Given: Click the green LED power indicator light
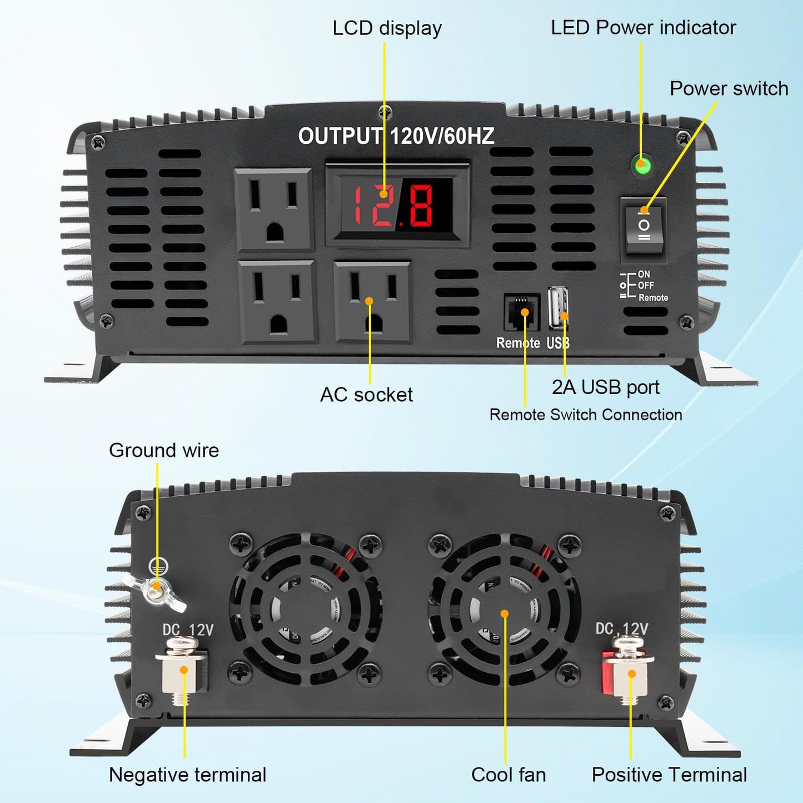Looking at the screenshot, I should coord(642,164).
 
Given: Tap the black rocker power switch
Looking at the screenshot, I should coord(644,227).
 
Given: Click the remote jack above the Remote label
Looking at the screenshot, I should coord(521,312).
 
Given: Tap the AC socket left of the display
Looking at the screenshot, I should coord(273,210).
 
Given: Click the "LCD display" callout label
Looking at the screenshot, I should coord(387,28).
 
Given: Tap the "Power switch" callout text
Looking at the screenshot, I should coord(729,89).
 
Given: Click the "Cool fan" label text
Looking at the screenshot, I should coord(508,775).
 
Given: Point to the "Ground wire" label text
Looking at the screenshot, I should coord(164,450).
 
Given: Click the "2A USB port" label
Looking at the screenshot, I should coord(605,387).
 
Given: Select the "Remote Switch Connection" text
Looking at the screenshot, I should coord(586,415).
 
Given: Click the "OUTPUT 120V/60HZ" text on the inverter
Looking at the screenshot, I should coord(396,136).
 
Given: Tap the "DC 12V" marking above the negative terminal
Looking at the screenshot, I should coord(188,630).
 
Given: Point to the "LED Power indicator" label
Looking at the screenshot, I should coord(643,28).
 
